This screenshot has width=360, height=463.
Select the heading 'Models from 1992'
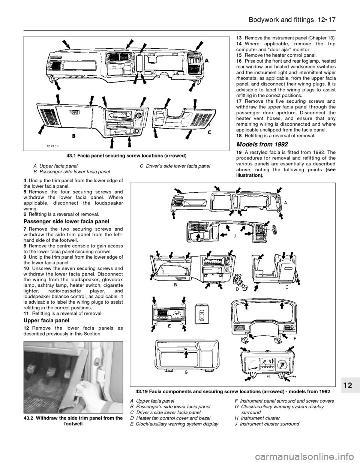[262, 144]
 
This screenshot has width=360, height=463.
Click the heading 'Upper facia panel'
[46, 320]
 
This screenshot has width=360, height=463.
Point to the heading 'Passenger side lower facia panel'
[66, 222]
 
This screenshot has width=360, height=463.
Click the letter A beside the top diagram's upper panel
[206, 60]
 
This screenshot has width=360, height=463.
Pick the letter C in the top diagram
[210, 132]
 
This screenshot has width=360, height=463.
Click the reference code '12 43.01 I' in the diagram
[53, 146]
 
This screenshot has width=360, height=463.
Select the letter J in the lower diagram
[234, 236]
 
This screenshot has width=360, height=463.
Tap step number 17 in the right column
[239, 101]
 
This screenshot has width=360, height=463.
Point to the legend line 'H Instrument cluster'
[257, 418]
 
